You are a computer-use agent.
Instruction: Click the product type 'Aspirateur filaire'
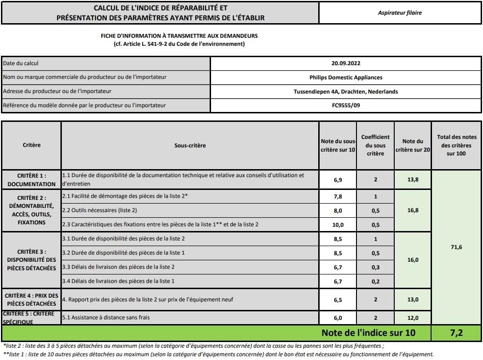[x=399, y=13]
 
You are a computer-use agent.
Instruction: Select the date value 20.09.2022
[x=346, y=63]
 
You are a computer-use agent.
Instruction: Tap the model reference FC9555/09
[x=346, y=105]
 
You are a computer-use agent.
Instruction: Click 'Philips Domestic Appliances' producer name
[x=346, y=77]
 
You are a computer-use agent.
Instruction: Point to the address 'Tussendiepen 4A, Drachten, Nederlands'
[x=346, y=91]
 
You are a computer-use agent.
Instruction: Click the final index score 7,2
[x=456, y=333]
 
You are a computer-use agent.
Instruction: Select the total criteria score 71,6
[x=456, y=247]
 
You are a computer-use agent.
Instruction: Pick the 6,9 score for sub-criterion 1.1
[x=337, y=180]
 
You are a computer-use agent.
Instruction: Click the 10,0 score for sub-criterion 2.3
[x=337, y=225]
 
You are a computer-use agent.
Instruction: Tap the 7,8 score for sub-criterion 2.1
[x=337, y=197]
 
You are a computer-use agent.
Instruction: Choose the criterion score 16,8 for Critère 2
[x=413, y=210]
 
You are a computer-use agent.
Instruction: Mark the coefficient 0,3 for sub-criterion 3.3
[x=375, y=267]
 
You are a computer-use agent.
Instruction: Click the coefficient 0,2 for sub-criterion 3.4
[x=375, y=282]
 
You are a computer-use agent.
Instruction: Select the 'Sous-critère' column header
[x=190, y=146]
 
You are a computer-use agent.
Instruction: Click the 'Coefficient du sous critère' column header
[x=375, y=145]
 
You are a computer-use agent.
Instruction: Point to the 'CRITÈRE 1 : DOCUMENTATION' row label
[x=31, y=180]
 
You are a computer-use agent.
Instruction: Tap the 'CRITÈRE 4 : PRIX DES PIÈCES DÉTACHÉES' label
[x=31, y=300]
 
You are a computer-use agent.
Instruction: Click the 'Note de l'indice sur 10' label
[x=368, y=333]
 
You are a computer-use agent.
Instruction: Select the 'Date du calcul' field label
[x=21, y=63]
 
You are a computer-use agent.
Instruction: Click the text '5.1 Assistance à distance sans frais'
[x=106, y=317]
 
